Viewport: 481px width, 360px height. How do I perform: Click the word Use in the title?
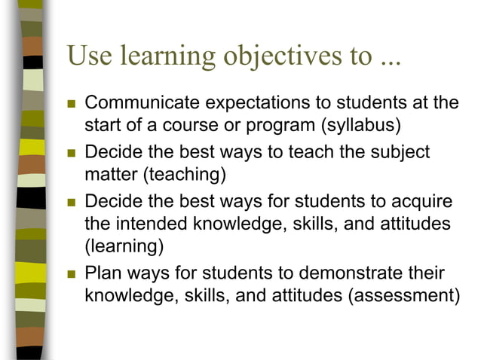(88, 57)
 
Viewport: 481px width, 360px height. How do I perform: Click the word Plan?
(102, 273)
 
